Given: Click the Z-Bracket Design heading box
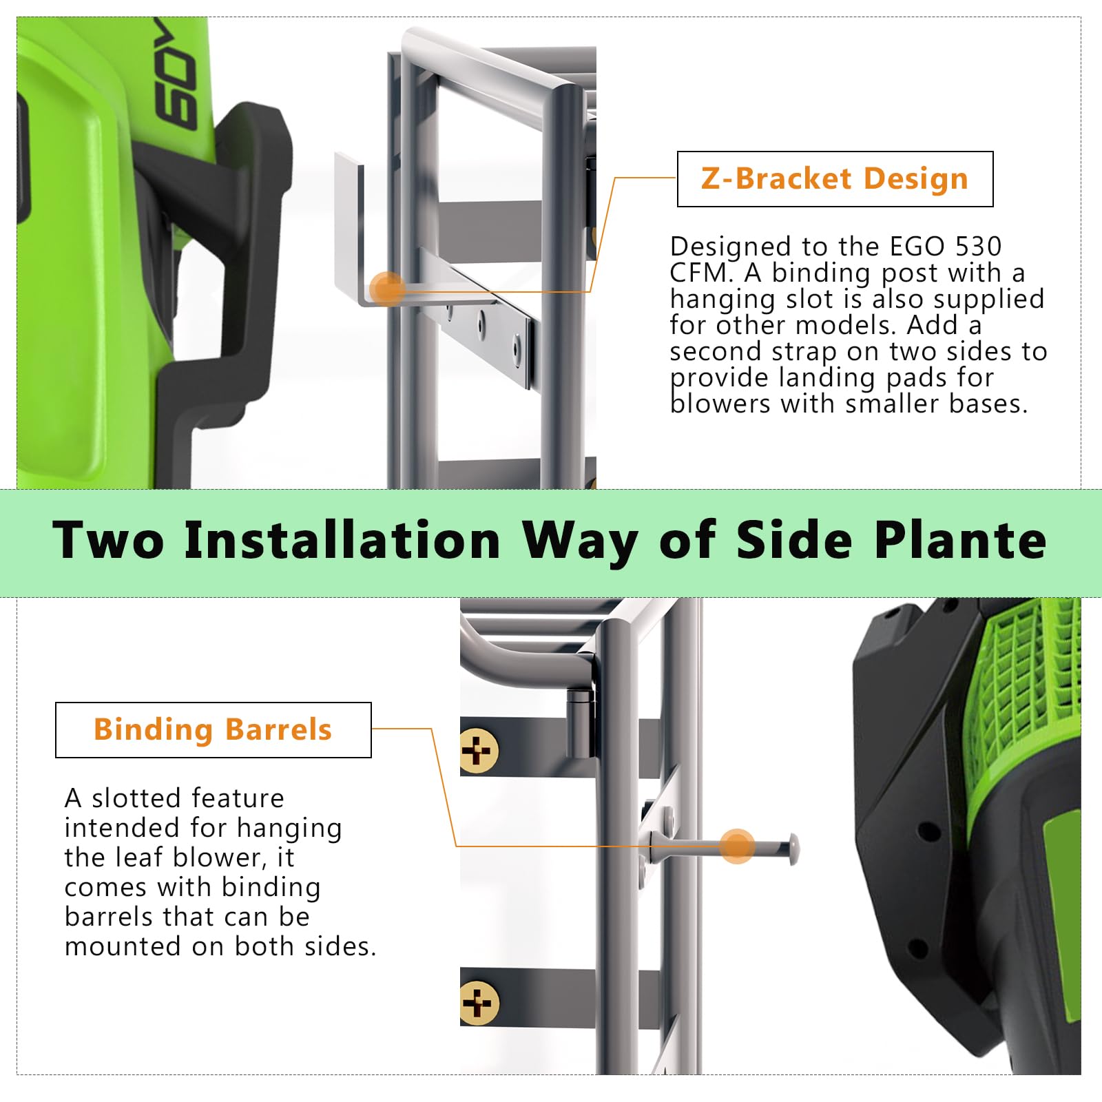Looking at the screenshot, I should point(835,179).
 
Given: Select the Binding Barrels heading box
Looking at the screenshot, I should point(213,730).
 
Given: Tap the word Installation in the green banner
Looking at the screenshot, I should point(342,541).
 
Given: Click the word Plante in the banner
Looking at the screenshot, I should point(961,541).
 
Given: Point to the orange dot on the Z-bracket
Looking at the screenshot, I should point(387,288).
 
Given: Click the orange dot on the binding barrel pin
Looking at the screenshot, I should point(737,846).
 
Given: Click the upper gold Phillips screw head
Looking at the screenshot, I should point(477,751).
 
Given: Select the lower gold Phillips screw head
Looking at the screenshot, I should point(477,1004).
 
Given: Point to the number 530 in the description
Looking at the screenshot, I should point(978,247).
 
